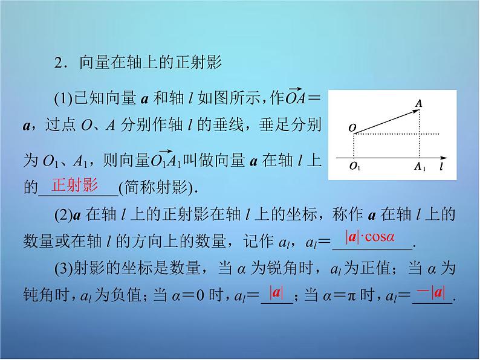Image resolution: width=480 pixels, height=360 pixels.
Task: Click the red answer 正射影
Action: point(74,185)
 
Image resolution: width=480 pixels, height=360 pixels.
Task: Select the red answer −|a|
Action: point(430,294)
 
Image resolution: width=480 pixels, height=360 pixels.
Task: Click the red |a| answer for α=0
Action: point(277,294)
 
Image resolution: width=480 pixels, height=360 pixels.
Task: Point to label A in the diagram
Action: point(418,103)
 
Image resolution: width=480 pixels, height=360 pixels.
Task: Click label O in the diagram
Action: point(352,128)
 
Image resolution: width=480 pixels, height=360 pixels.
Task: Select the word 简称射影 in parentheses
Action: point(158,187)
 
